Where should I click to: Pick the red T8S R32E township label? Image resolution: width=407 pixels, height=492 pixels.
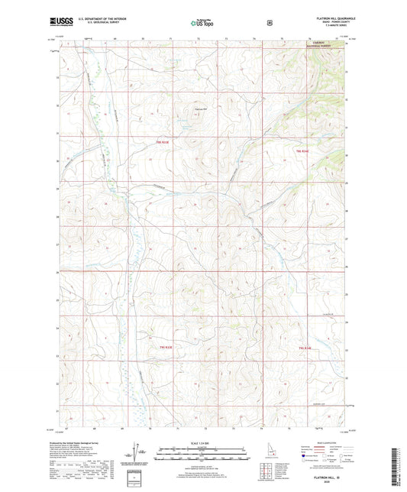[x=302, y=152]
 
